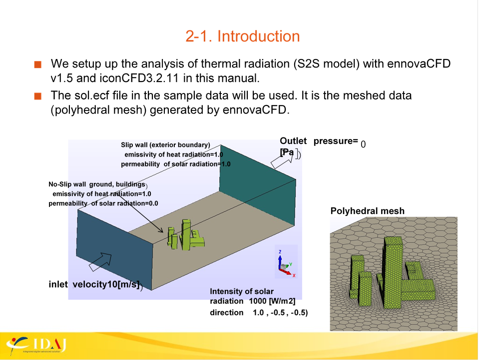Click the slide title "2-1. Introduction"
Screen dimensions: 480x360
242,36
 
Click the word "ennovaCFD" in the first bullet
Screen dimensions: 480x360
419,63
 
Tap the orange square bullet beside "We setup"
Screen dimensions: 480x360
38,64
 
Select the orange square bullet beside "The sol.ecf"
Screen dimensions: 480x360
38,96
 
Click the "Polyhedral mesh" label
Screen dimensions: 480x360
367,211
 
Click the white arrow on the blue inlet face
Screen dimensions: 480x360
100,261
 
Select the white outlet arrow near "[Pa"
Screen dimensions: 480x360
282,159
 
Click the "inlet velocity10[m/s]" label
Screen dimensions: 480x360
94,284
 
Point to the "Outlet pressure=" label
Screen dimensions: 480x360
319,141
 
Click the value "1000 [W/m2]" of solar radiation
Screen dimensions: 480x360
272,301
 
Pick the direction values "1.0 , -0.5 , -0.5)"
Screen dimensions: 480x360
280,312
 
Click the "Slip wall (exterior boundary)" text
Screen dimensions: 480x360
165,145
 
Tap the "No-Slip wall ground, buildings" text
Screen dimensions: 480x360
97,184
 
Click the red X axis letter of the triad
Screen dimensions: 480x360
294,275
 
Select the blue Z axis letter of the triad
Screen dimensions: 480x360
280,252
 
